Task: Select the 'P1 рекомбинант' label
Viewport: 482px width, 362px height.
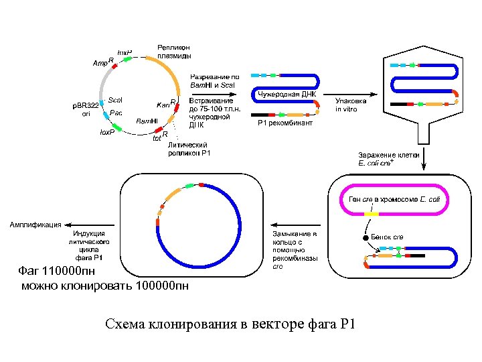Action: pos(285,123)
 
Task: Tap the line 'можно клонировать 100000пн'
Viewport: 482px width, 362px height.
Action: pos(105,286)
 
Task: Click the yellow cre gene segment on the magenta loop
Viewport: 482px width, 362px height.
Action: pos(372,214)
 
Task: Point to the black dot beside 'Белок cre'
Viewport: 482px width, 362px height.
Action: pos(366,237)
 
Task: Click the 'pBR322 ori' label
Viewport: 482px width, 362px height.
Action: pos(85,109)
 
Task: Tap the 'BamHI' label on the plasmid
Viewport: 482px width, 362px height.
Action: pos(147,121)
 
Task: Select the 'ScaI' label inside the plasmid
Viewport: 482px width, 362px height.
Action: pos(115,99)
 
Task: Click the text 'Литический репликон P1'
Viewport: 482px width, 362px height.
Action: pos(189,149)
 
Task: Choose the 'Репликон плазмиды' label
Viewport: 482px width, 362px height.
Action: pos(174,51)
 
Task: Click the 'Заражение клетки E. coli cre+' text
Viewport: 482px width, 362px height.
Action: pos(388,158)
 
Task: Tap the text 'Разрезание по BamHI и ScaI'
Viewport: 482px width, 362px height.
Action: pos(212,81)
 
